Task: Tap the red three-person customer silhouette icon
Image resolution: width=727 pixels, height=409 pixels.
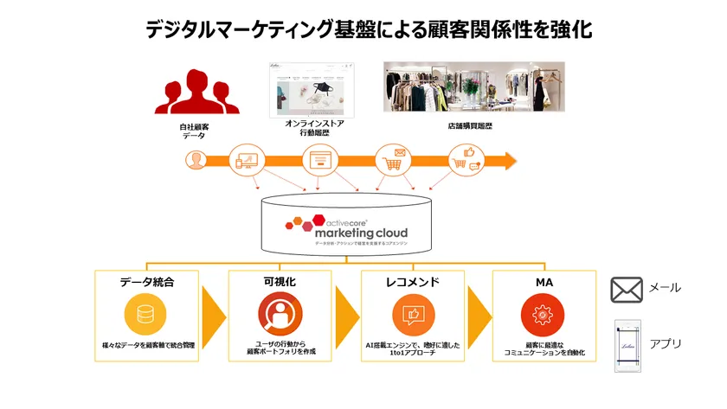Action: (x=196, y=93)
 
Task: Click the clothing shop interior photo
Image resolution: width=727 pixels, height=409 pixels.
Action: (x=473, y=86)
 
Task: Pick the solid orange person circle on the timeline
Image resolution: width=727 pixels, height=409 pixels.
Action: (x=196, y=161)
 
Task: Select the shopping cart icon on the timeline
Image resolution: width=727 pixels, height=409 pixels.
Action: (x=392, y=161)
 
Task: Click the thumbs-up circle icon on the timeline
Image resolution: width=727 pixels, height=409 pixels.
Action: (x=464, y=161)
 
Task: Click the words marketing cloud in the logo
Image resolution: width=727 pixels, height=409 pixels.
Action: (x=361, y=233)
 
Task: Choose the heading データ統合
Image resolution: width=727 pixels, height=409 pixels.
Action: (x=146, y=282)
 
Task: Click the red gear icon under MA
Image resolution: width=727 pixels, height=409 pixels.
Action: (x=543, y=314)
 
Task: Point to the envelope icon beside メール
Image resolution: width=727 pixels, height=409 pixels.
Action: (x=626, y=289)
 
